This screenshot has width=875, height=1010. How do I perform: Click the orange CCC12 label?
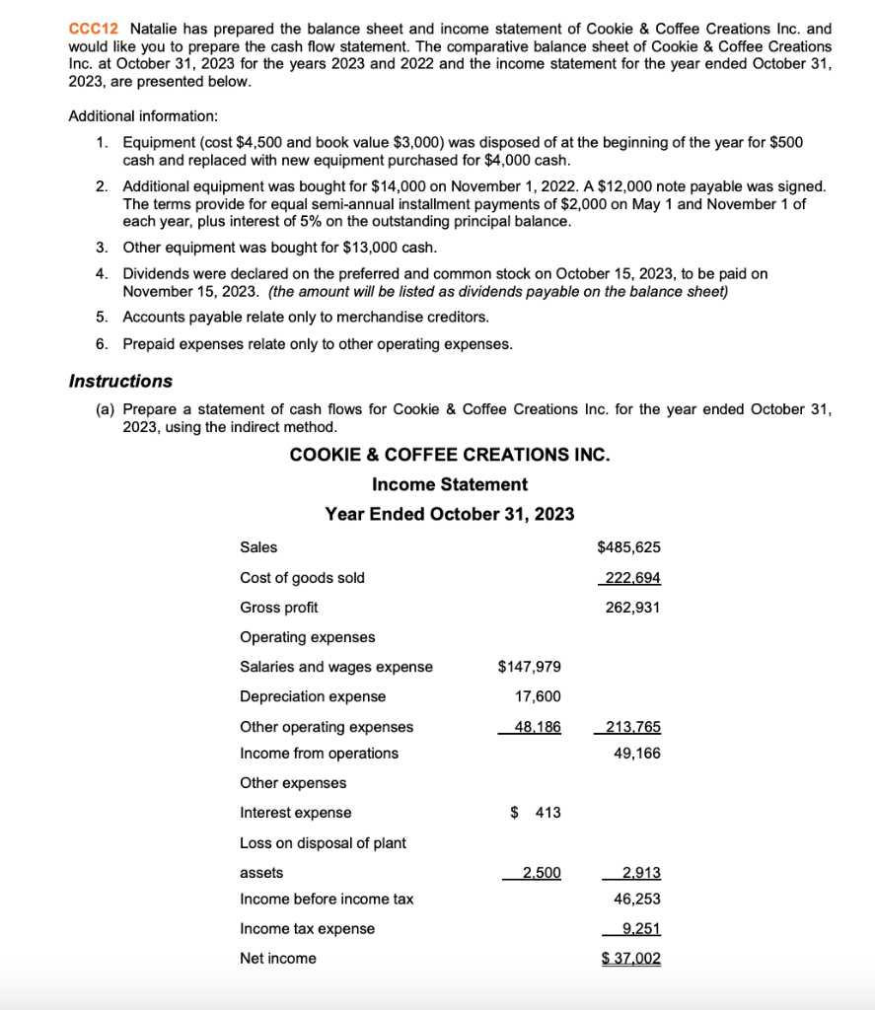tap(93, 30)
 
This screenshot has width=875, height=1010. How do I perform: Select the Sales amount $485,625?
tap(628, 547)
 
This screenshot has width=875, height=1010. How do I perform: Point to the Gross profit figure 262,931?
tap(631, 608)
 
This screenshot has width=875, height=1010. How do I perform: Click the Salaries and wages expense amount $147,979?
tap(530, 668)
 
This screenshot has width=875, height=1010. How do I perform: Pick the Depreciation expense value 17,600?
tap(538, 697)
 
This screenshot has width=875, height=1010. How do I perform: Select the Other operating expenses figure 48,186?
tap(538, 727)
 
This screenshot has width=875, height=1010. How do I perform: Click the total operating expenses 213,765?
tap(631, 727)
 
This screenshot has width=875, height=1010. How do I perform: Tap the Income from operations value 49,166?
tap(636, 754)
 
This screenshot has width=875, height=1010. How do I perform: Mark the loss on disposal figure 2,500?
tap(542, 873)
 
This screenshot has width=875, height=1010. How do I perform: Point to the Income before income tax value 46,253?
tap(636, 900)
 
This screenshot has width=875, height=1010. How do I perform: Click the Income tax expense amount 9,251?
tap(641, 929)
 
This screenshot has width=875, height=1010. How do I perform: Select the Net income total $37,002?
tap(631, 959)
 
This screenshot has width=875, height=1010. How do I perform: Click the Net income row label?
tap(278, 959)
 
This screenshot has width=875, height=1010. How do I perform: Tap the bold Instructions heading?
tap(120, 381)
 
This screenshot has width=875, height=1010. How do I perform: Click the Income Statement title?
tap(449, 484)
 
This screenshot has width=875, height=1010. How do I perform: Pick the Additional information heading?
tap(143, 116)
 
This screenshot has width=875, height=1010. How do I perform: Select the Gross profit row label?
tap(279, 608)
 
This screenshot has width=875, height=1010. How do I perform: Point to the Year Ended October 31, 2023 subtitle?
tap(449, 514)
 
